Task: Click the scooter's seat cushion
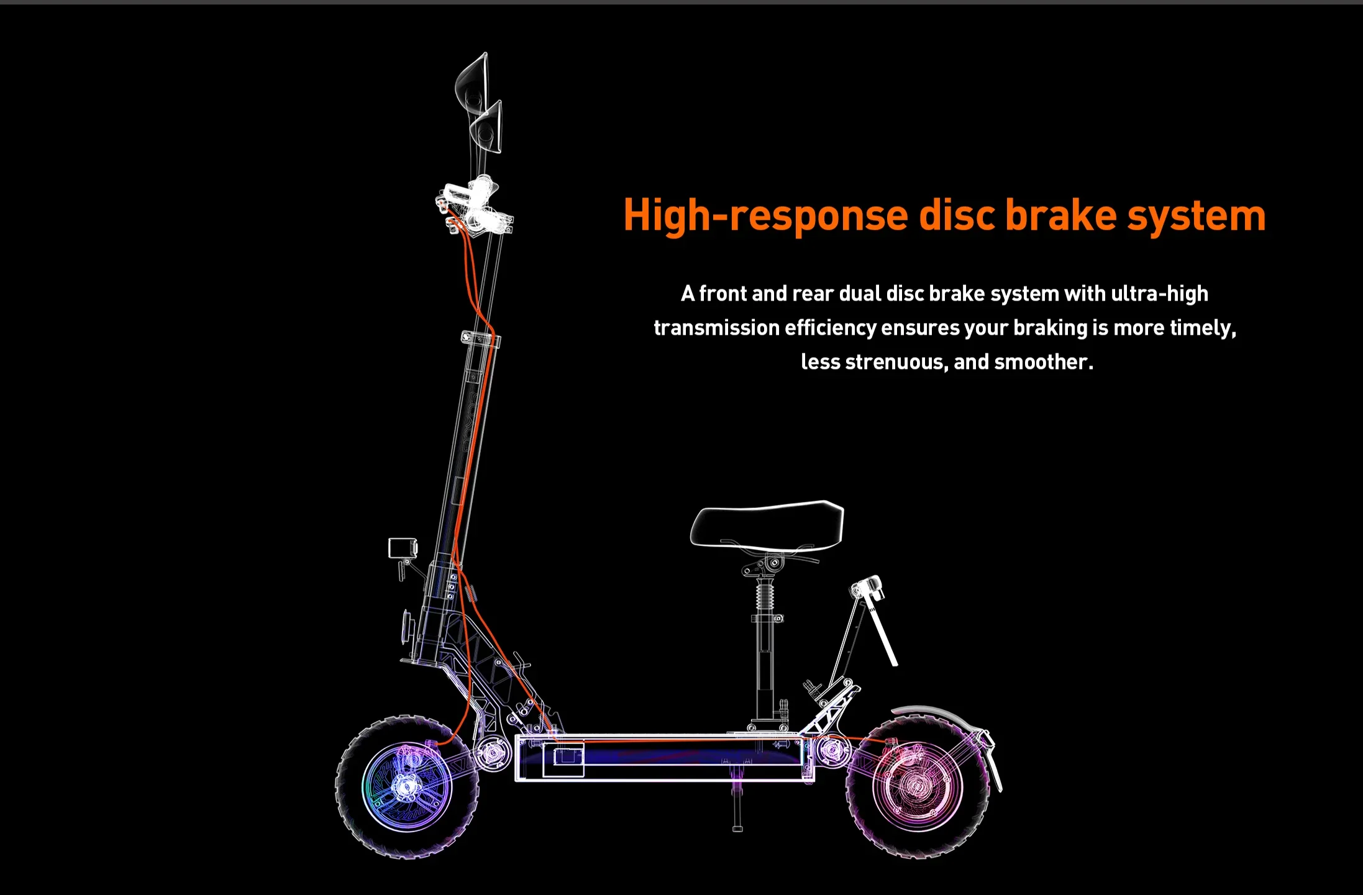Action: coord(767,525)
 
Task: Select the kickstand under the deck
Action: coord(737,802)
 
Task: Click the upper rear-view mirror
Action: coord(473,84)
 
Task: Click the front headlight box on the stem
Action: coord(403,548)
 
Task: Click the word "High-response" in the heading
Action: coord(766,216)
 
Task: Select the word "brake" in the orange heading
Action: coord(1060,214)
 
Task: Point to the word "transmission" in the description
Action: coord(716,327)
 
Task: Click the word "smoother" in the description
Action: coord(1043,361)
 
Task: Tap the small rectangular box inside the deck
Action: coord(563,760)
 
